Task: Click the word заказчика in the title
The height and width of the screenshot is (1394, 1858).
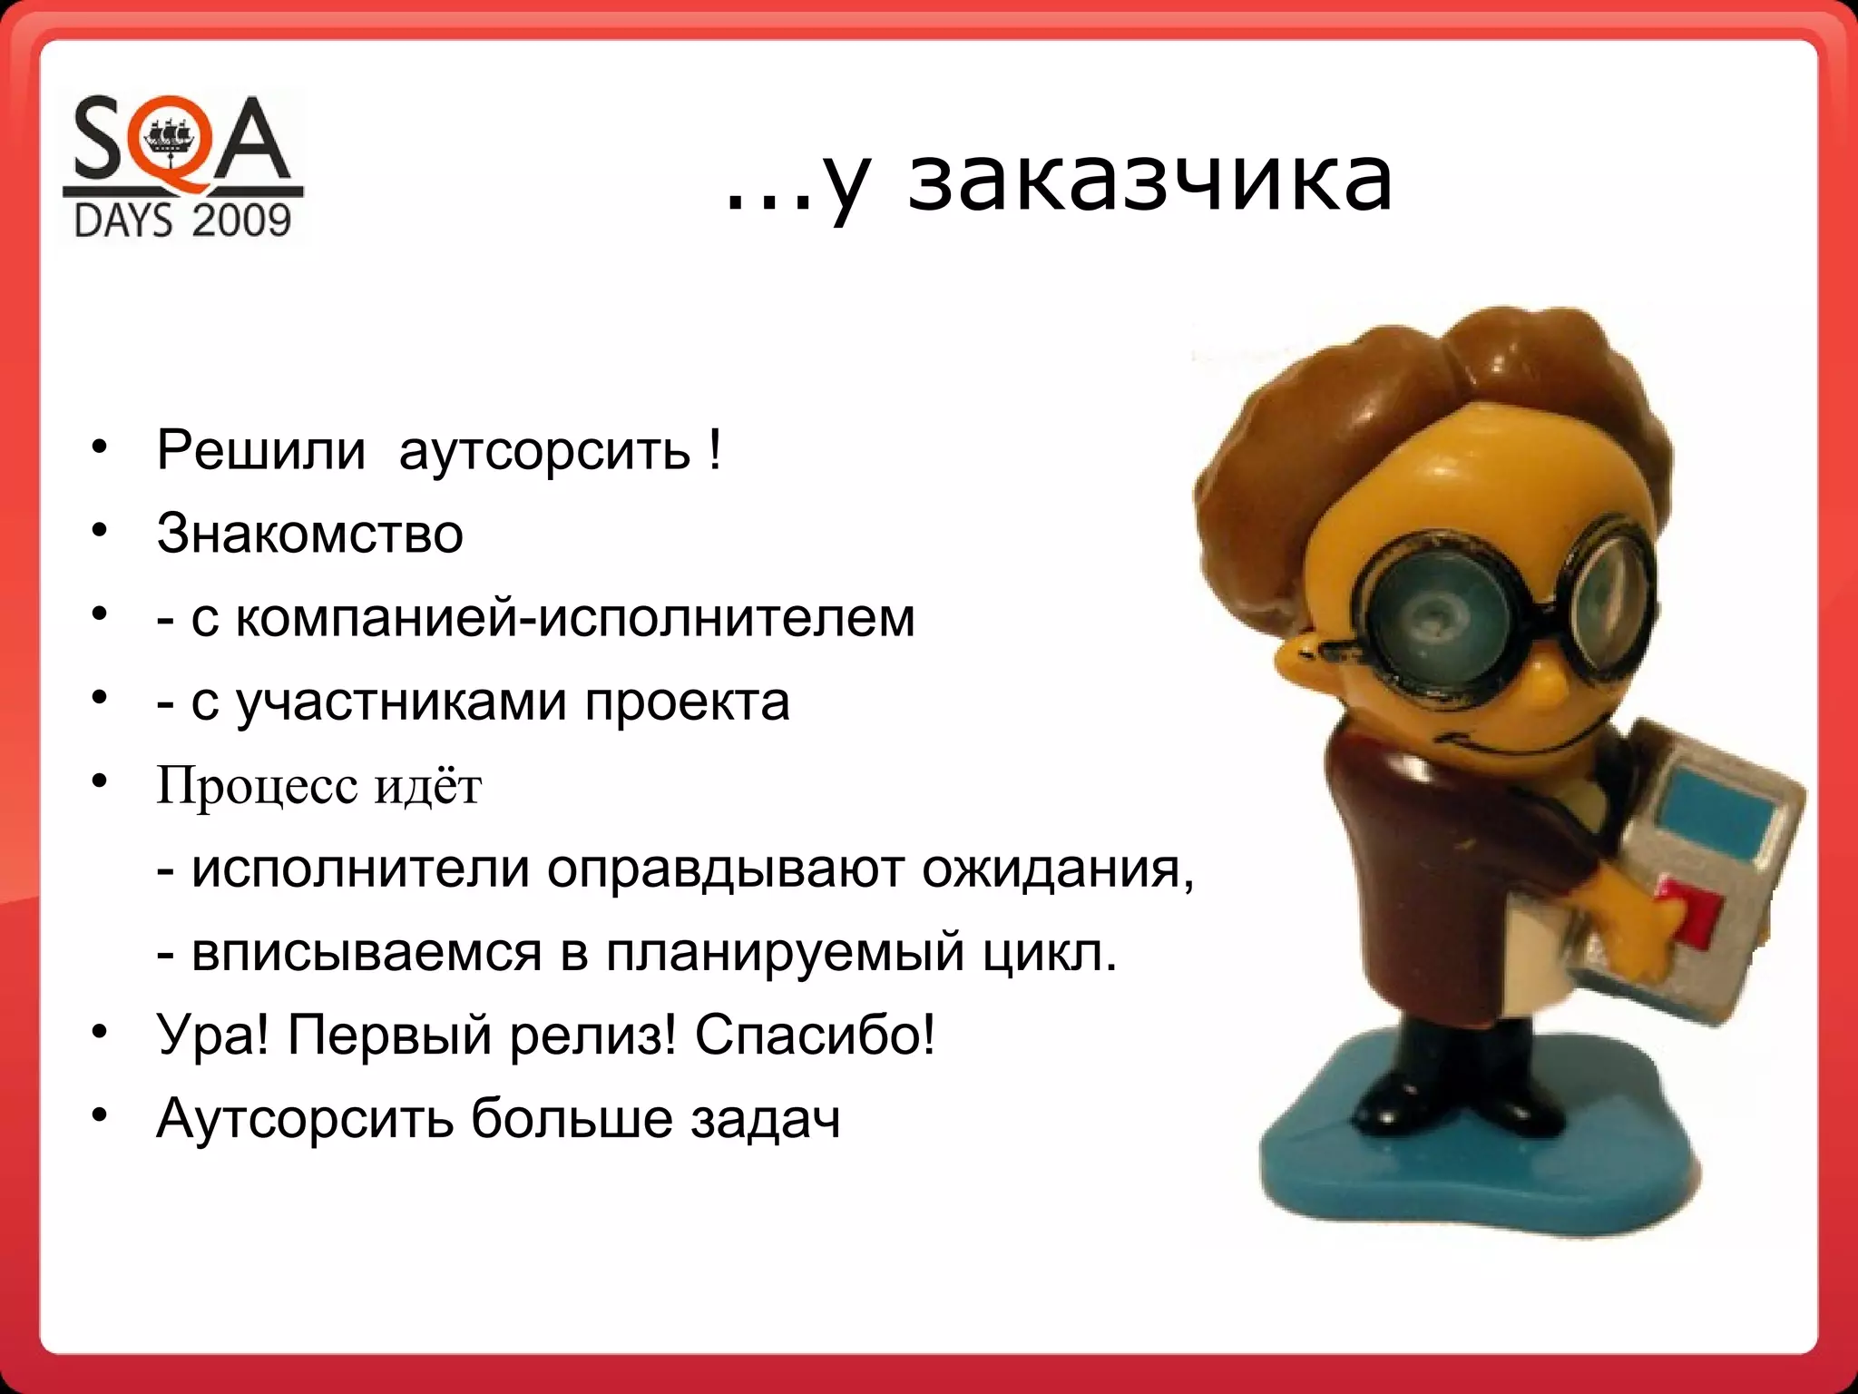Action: (1149, 180)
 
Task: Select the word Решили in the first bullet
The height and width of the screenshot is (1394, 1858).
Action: (260, 450)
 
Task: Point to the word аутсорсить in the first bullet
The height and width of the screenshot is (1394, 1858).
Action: (544, 452)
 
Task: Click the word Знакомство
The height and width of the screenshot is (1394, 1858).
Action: (309, 534)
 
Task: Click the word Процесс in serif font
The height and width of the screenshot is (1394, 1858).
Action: (257, 786)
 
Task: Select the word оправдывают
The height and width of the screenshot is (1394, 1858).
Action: (727, 870)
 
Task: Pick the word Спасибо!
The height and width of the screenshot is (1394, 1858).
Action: (815, 1036)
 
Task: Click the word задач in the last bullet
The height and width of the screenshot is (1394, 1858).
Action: (765, 1120)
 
